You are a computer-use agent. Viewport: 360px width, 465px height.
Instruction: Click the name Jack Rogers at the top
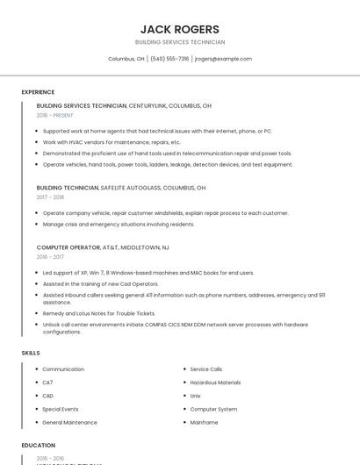(180, 29)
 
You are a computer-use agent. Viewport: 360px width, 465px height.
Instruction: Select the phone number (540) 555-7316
(169, 59)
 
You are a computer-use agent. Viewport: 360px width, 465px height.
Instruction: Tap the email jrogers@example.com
(223, 59)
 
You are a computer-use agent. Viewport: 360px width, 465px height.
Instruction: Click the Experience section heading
(38, 92)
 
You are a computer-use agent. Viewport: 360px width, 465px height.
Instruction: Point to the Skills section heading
(31, 353)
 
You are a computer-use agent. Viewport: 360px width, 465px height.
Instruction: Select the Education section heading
(39, 445)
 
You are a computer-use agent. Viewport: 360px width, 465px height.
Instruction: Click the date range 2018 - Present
(55, 115)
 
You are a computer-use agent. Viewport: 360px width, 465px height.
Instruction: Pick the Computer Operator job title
(68, 247)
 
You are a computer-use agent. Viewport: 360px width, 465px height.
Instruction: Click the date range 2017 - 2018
(50, 197)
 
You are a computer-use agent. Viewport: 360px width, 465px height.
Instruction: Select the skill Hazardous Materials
(215, 383)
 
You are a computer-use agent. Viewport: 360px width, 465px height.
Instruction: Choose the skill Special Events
(61, 409)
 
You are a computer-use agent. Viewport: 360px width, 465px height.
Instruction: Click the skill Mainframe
(204, 422)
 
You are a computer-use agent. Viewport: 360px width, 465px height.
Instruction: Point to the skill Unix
(196, 396)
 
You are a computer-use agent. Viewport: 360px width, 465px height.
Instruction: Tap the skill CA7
(48, 383)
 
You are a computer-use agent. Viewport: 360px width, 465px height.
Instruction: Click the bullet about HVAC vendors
(112, 142)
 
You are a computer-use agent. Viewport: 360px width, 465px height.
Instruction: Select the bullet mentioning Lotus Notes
(99, 313)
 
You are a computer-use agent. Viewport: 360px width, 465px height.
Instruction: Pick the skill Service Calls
(206, 369)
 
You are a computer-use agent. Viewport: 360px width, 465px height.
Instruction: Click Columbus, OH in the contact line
(126, 59)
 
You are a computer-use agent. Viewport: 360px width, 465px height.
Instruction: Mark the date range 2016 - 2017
(50, 257)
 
